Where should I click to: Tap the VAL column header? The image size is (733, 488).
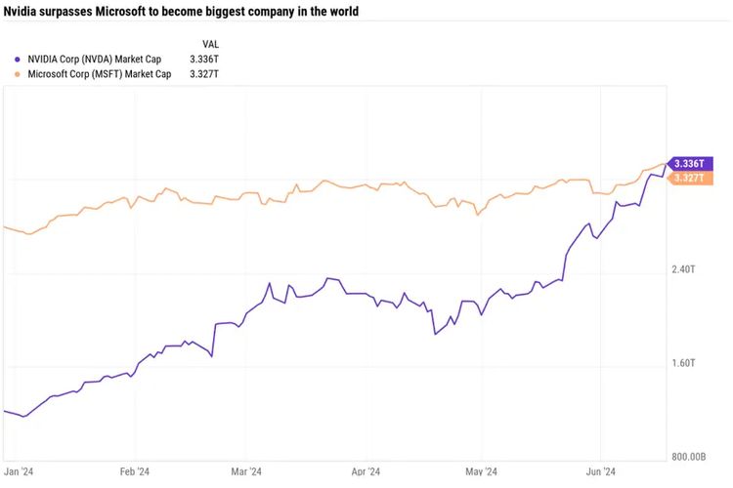coord(210,44)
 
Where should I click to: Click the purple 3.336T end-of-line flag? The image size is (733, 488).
coord(694,163)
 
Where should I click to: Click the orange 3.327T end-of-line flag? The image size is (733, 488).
coord(694,178)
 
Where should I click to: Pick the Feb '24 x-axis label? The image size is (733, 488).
coord(135,470)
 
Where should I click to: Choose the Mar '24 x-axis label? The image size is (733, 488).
coord(246,470)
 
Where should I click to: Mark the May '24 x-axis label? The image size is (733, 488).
coord(482,470)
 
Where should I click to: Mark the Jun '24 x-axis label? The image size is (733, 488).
coord(599,470)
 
